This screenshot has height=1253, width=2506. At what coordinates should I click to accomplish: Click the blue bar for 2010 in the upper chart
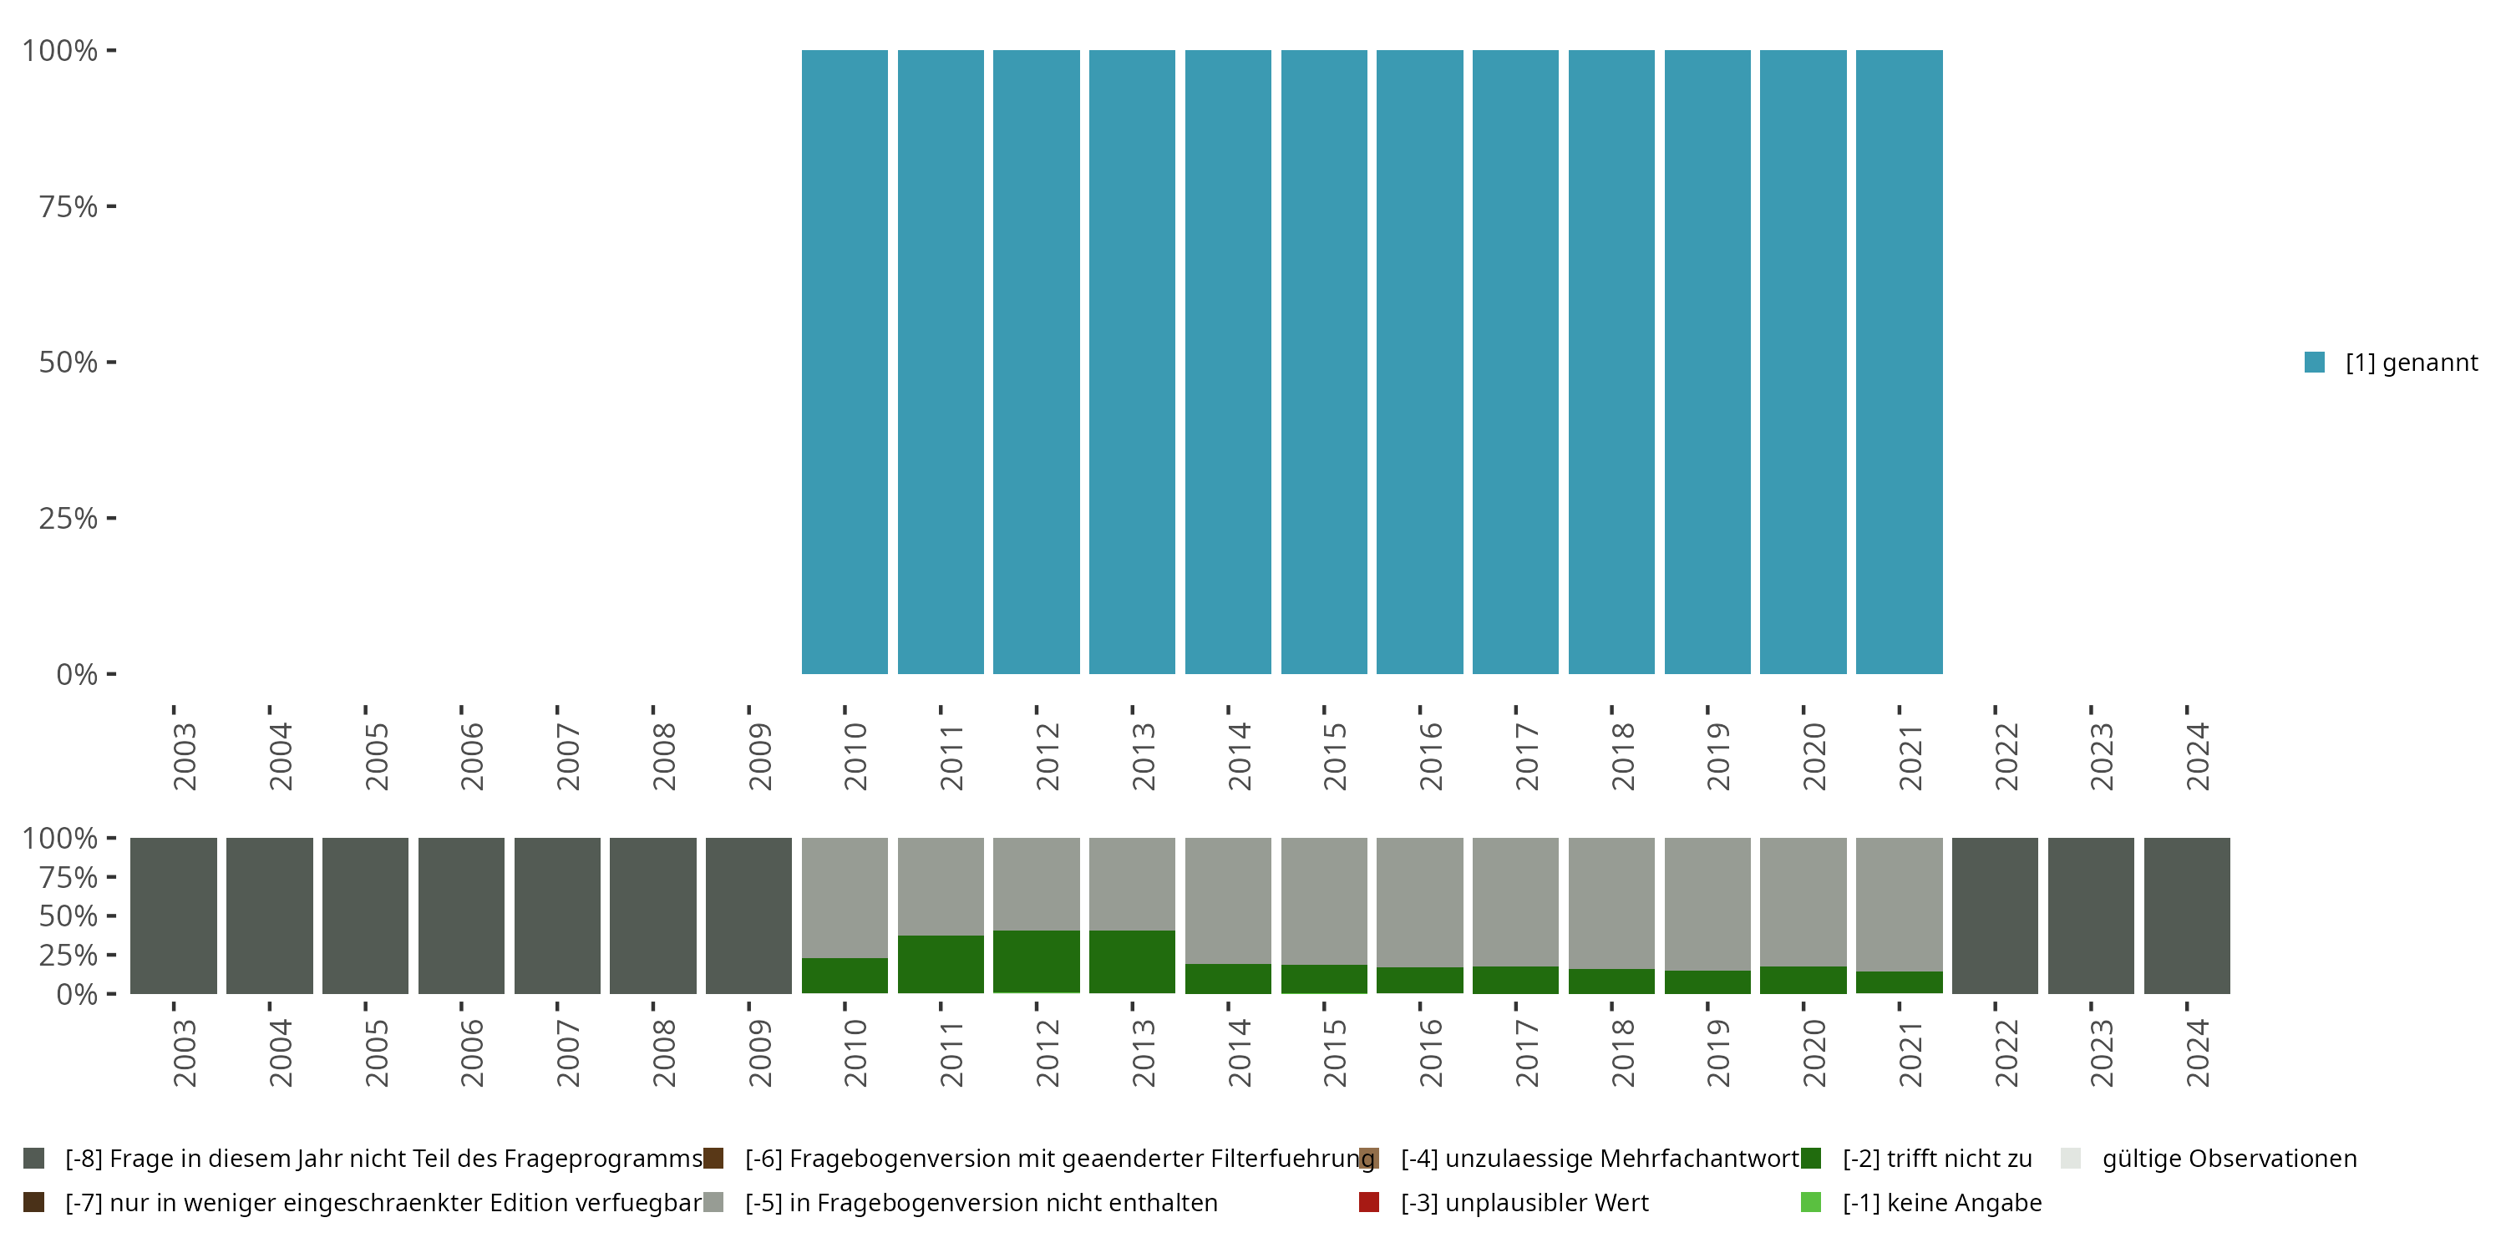click(x=845, y=362)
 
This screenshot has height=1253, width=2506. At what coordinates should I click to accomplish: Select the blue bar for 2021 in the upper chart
click(x=1899, y=362)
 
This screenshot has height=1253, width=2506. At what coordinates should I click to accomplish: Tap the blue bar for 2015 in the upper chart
click(x=1324, y=362)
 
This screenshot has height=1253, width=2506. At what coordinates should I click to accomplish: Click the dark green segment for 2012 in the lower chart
click(x=1036, y=962)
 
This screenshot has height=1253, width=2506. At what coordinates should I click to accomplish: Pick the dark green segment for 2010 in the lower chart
click(x=845, y=976)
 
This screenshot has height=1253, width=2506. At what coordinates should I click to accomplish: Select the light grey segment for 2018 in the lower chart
click(x=1611, y=903)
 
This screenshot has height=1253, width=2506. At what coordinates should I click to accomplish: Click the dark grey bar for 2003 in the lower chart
click(x=173, y=916)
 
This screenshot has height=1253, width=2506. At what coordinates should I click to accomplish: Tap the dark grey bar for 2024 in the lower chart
click(x=2187, y=916)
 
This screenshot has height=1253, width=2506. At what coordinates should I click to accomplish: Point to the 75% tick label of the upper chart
click(x=68, y=206)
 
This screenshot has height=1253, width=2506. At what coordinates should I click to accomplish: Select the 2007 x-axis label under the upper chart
click(x=568, y=757)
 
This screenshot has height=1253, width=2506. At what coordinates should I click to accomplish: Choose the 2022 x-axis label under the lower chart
click(x=2006, y=1053)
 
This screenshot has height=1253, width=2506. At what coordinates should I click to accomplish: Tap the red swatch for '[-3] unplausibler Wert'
click(x=1369, y=1202)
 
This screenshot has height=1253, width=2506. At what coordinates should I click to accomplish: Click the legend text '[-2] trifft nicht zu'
click(x=1937, y=1159)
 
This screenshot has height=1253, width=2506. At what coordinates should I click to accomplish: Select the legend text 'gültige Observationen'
click(x=2229, y=1159)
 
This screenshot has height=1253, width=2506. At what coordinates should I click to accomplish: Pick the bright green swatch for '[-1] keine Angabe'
click(x=1810, y=1202)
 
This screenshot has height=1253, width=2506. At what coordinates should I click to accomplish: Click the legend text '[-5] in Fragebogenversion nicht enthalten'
click(x=981, y=1202)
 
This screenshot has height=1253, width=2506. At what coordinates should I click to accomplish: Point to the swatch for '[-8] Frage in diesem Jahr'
click(x=34, y=1159)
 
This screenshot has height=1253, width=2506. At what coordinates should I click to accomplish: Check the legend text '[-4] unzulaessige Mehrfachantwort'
click(x=1600, y=1159)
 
